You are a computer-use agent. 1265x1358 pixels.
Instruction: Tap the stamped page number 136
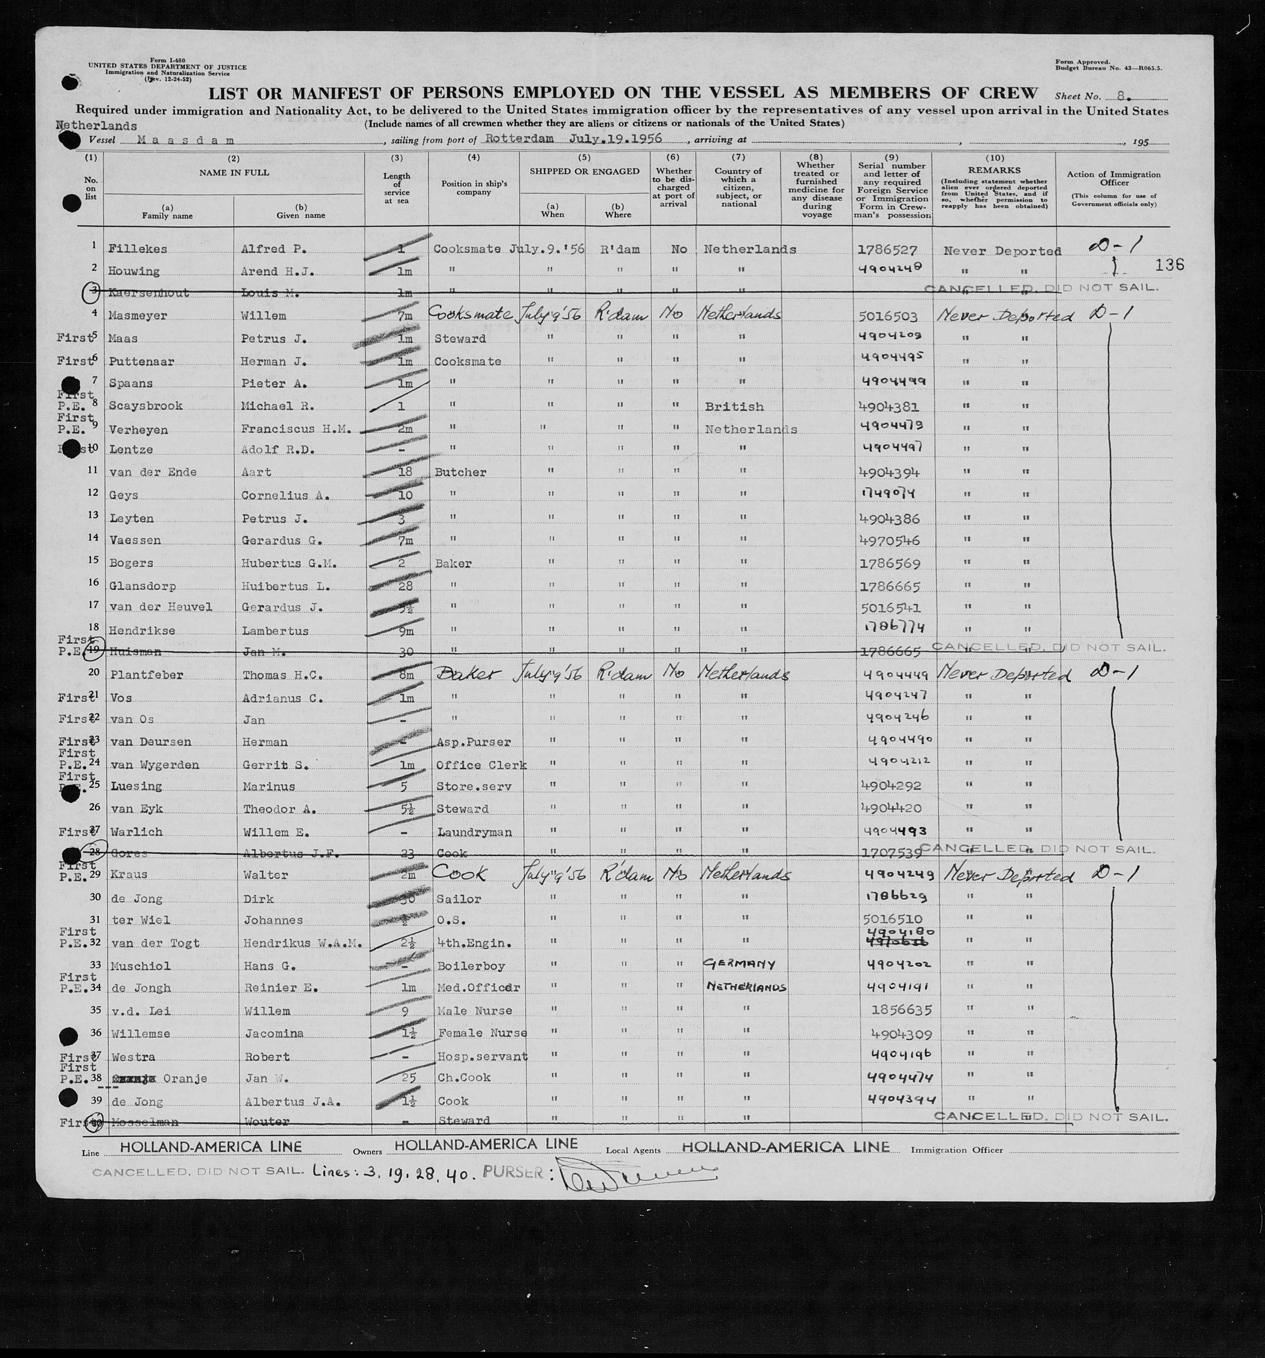1170,265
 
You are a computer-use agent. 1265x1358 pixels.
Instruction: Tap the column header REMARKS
994,170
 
